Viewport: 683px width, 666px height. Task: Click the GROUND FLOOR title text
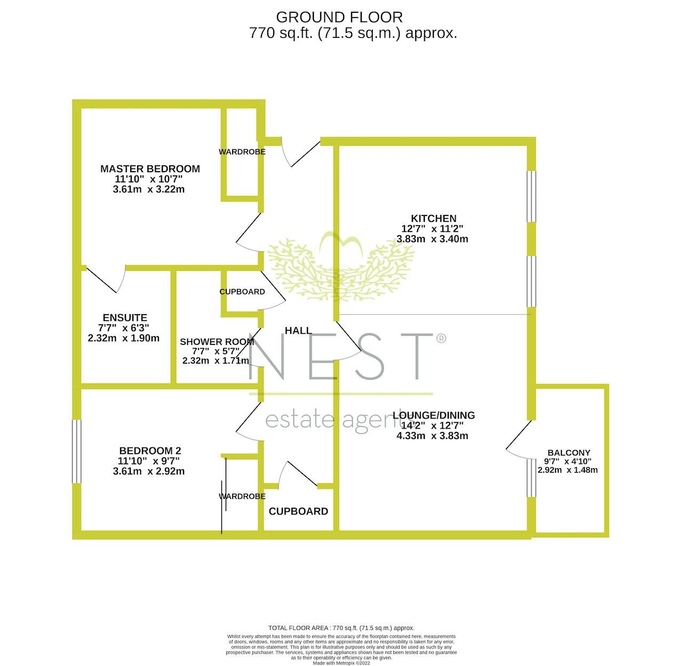[x=339, y=17]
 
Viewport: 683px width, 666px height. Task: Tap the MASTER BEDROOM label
[x=150, y=168]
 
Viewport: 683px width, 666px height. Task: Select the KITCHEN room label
[x=433, y=219]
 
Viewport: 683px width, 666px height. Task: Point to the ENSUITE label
[x=125, y=318]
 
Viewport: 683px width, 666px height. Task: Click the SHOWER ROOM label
[x=217, y=342]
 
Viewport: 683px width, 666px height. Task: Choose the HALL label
[x=298, y=331]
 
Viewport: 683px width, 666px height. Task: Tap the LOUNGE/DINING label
[x=433, y=415]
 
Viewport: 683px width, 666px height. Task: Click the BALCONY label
[x=569, y=453]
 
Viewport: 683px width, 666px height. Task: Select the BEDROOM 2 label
[x=150, y=451]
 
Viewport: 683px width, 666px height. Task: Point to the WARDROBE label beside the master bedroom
[x=242, y=152]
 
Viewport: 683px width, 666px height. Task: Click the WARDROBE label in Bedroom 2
[x=242, y=496]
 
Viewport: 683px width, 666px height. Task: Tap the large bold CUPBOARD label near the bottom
[x=298, y=511]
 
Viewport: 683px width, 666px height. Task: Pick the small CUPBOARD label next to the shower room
[x=242, y=292]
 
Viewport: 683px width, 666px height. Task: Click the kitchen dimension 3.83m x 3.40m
[x=432, y=239]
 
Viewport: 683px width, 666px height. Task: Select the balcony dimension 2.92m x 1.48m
[x=568, y=470]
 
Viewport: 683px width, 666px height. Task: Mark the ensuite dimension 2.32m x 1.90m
[x=124, y=338]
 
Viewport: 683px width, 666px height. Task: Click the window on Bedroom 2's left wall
[x=77, y=451]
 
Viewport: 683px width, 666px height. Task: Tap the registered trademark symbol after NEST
[x=441, y=338]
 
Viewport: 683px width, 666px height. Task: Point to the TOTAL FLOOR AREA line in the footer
[x=341, y=628]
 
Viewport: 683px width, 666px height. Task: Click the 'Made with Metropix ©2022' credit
[x=341, y=663]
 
